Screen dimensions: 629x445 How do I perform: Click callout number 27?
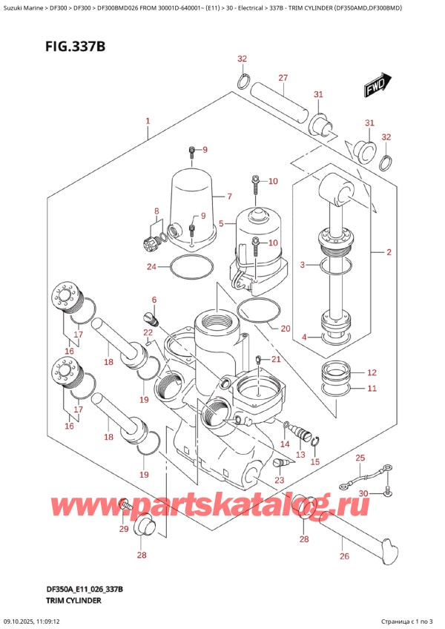point(283,78)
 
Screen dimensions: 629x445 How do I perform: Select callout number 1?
point(148,121)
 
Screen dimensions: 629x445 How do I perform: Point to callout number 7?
point(230,197)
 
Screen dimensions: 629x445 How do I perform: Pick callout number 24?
point(151,267)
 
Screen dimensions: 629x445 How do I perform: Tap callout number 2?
point(388,252)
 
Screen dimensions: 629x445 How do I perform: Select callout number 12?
point(372,372)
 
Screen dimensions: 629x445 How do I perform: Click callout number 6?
point(154,300)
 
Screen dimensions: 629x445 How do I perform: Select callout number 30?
point(363,493)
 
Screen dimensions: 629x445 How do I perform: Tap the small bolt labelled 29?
point(126,505)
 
